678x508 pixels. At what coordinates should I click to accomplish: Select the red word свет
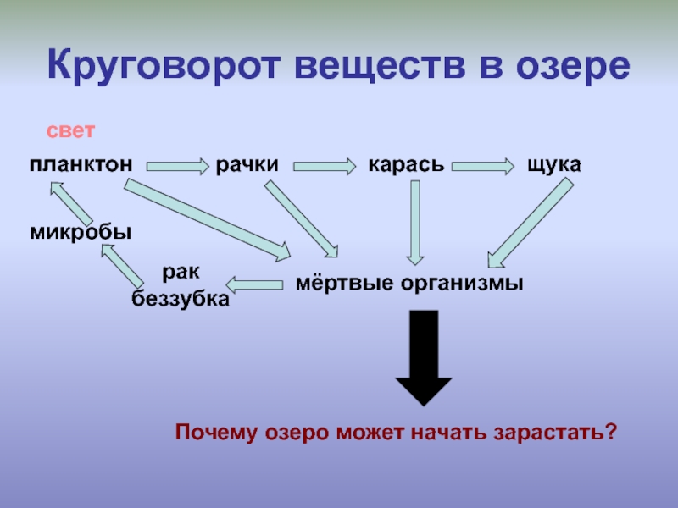[72, 133]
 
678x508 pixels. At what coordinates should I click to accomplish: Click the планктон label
[81, 164]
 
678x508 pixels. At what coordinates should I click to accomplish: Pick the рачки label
[247, 164]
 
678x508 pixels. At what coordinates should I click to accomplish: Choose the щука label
[553, 164]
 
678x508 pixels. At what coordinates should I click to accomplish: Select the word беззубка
[180, 299]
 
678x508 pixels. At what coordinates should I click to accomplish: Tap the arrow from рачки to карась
[325, 165]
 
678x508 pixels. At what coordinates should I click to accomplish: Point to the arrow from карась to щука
[484, 165]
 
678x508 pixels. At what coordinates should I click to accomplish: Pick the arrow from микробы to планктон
[72, 202]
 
